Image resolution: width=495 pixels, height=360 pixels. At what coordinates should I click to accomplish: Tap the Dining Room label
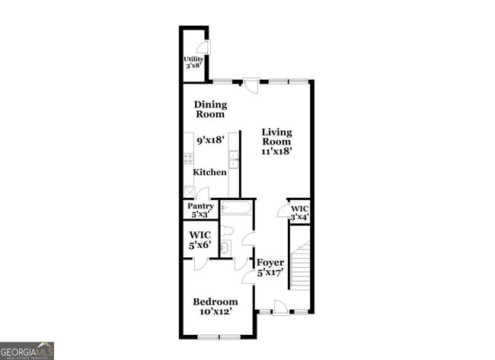coord(209,110)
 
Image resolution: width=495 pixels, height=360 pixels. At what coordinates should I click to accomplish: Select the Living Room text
coord(276,136)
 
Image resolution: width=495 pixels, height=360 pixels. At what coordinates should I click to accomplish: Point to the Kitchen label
coord(209,173)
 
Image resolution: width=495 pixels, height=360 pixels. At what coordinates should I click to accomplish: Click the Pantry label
coord(200,205)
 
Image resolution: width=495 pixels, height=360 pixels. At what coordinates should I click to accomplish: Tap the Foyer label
coord(270,263)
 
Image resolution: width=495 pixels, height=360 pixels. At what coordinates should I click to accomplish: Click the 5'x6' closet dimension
coord(200,246)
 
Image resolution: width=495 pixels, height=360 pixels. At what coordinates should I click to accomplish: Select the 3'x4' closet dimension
coord(299,218)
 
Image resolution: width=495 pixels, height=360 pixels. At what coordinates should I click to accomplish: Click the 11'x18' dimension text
coord(276,151)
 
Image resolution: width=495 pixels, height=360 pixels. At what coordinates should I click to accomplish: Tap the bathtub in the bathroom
coord(237,208)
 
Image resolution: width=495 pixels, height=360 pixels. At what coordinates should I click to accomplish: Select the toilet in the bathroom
coord(228,231)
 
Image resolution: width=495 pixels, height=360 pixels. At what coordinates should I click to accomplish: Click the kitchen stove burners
coord(187,159)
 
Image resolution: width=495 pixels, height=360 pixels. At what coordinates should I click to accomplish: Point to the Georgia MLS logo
coord(27,351)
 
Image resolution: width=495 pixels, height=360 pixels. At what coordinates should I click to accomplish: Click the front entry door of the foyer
coord(280,307)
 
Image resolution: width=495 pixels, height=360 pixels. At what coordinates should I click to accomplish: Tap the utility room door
coord(205,47)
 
